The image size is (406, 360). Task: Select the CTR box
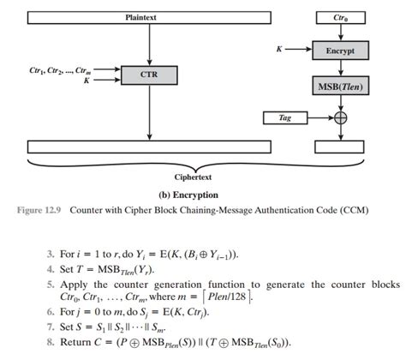[x=149, y=75]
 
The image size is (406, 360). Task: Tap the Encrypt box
[x=339, y=51]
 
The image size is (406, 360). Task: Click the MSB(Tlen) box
[x=339, y=86]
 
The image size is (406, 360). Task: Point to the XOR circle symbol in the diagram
[x=339, y=117]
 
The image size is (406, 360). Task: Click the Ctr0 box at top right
[x=340, y=16]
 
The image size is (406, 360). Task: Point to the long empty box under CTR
[x=150, y=147]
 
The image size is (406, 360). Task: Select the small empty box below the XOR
[x=340, y=147]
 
